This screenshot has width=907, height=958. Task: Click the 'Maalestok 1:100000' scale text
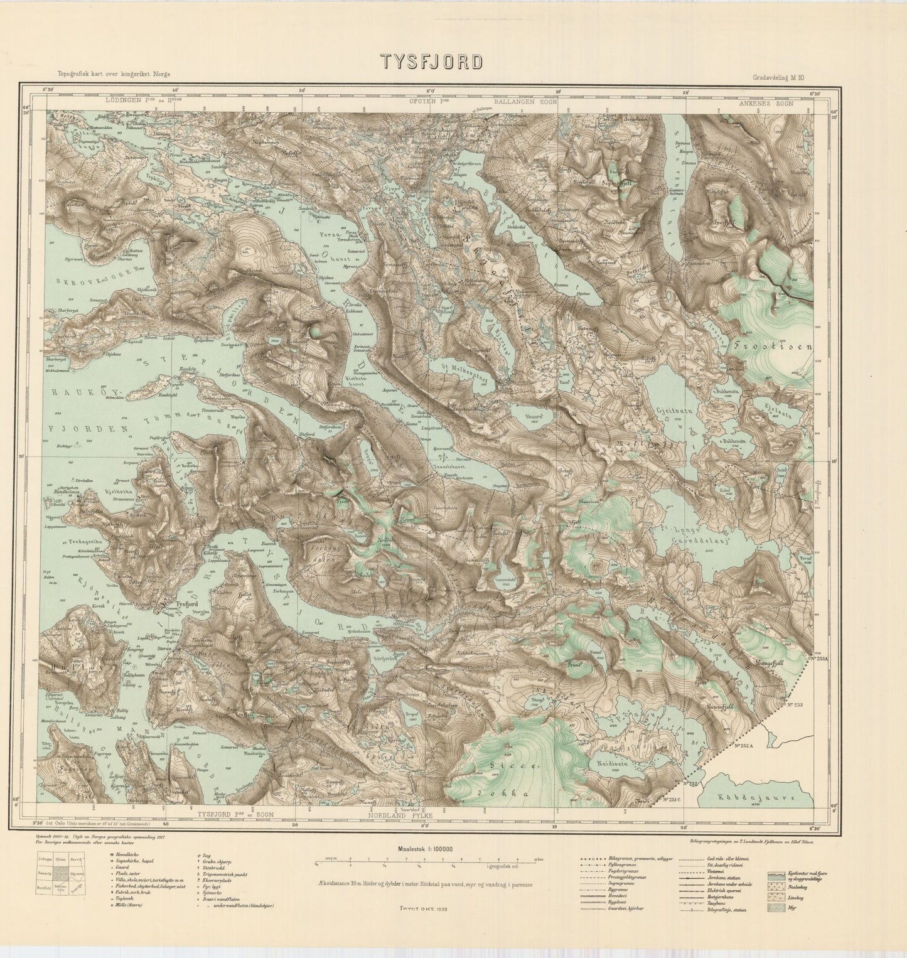click(425, 849)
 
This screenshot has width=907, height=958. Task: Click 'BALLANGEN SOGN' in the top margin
click(522, 102)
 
